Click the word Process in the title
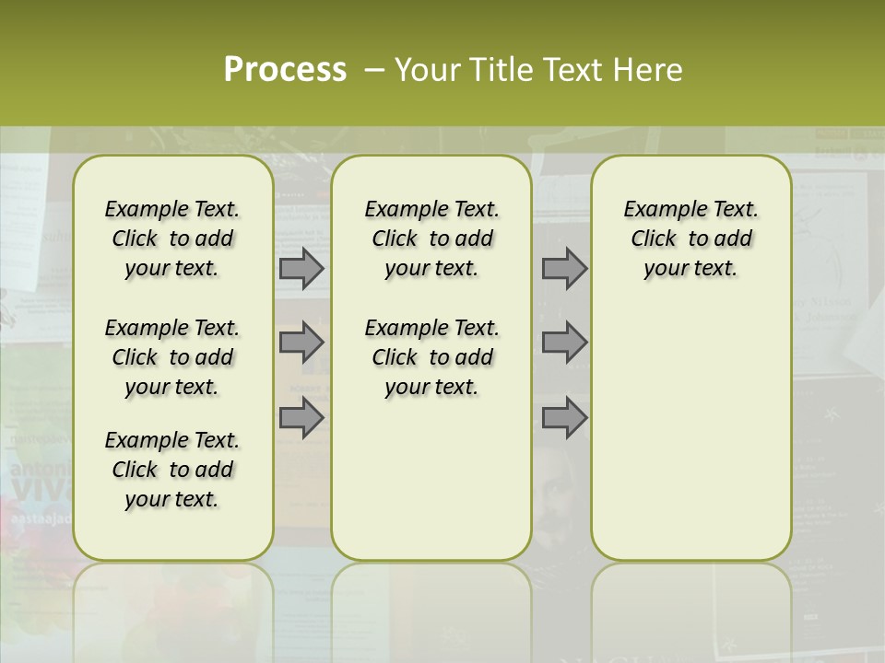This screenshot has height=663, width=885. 285,69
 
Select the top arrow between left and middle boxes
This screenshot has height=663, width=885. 301,269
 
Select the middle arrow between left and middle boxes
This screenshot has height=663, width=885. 301,343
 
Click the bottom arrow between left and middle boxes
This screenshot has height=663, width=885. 301,418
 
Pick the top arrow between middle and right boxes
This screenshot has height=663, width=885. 564,269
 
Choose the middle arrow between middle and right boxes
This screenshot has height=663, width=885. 564,343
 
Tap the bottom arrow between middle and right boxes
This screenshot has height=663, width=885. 564,418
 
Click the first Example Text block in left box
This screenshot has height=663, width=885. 172,238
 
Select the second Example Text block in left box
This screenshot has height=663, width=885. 172,357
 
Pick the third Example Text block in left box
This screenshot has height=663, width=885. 172,470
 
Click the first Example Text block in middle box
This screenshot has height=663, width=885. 431,238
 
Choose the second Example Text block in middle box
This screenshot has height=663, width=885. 431,357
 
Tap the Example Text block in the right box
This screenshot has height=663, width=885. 690,238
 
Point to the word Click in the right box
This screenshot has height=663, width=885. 654,239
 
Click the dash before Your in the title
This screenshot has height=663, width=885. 374,70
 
